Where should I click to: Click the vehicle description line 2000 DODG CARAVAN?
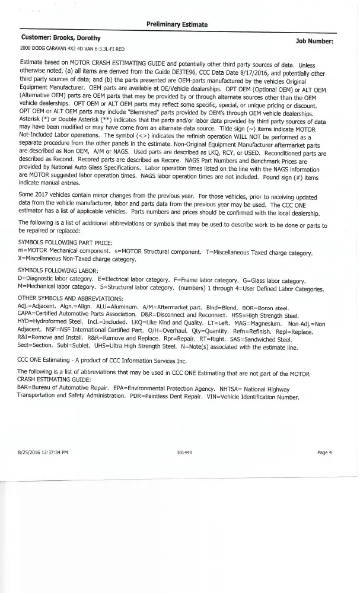pos(73,49)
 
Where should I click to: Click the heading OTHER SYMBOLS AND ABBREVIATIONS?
pos(71,297)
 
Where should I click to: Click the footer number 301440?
pos(184,452)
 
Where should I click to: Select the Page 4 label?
pos(324,452)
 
